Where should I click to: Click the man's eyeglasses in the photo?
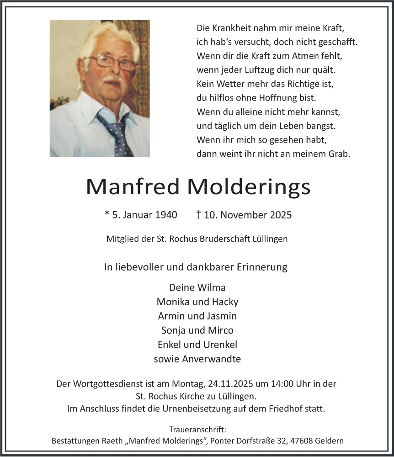pyautogui.click(x=111, y=63)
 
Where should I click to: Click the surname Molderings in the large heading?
pyautogui.click(x=249, y=187)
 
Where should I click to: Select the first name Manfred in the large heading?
pyautogui.click(x=133, y=187)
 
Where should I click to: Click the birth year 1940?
pyautogui.click(x=165, y=215)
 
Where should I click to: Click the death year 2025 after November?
pyautogui.click(x=280, y=215)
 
